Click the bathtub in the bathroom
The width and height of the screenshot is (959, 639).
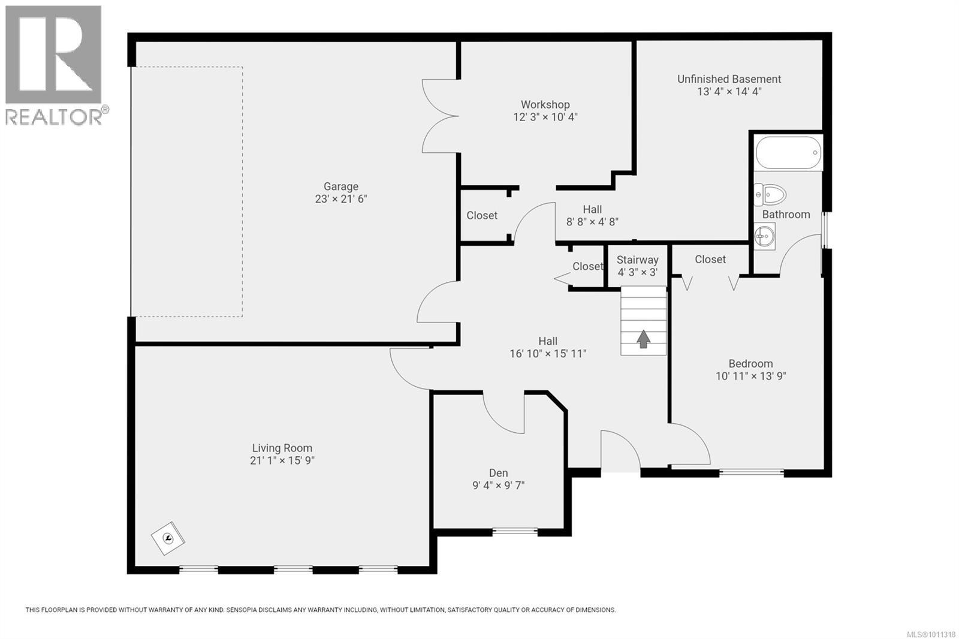[788, 152]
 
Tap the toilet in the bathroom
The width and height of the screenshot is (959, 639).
[770, 195]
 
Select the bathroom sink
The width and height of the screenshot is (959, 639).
[764, 236]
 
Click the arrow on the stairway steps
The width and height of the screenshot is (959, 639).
[643, 339]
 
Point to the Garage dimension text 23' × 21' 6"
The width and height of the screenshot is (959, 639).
[341, 199]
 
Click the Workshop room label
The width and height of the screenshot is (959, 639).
[545, 104]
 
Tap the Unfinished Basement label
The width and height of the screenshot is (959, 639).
[729, 79]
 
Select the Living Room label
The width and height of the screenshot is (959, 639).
[282, 448]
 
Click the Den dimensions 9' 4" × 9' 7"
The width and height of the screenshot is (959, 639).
[498, 486]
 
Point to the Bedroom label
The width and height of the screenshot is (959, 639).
[750, 364]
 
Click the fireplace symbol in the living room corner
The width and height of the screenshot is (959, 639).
[168, 538]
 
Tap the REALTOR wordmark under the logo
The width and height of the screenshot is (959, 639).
[53, 116]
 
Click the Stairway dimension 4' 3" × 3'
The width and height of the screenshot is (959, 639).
[638, 272]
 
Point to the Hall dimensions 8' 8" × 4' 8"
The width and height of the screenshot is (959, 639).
[593, 222]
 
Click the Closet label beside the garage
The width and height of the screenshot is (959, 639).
[482, 215]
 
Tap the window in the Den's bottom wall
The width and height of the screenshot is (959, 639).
[515, 532]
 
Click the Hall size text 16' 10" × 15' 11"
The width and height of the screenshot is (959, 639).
[548, 354]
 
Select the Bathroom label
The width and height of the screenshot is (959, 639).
[786, 215]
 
